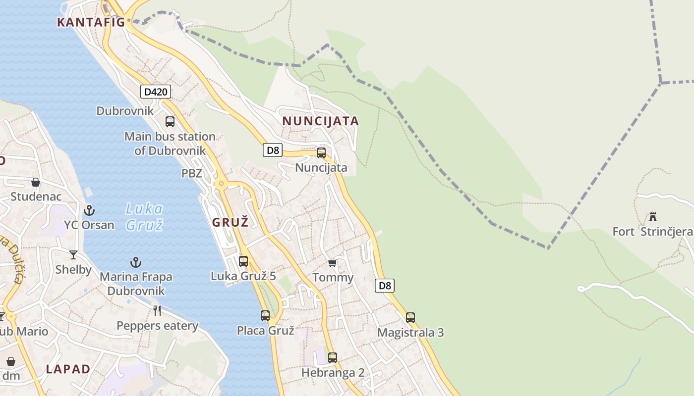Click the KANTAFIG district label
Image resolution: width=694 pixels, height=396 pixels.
(90, 22)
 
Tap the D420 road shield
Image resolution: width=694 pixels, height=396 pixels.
(156, 92)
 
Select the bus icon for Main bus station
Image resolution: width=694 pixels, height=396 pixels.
(170, 121)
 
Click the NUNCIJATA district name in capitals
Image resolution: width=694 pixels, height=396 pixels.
(321, 121)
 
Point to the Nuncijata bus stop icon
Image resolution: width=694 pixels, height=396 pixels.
(321, 153)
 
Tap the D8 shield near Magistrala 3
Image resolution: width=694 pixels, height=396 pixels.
(385, 286)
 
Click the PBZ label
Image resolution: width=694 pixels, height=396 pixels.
(191, 173)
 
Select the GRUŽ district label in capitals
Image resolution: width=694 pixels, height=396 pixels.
(230, 222)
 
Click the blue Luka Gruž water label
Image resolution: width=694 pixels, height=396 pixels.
(144, 217)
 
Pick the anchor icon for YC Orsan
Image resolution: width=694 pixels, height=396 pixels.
(89, 210)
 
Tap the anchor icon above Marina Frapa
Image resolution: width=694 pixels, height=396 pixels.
(136, 262)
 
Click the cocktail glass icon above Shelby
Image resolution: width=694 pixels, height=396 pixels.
(73, 255)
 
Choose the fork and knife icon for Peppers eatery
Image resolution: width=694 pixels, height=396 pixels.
(157, 311)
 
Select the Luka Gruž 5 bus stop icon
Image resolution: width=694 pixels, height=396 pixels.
(243, 261)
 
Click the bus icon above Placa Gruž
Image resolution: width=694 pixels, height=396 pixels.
(265, 315)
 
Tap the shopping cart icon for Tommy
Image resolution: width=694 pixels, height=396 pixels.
(333, 263)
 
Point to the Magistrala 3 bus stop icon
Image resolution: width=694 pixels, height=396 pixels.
(410, 317)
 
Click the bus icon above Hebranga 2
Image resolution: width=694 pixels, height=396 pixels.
(333, 357)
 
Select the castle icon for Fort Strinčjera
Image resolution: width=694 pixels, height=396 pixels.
(653, 216)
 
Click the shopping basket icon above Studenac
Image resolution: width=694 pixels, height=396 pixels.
(36, 182)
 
